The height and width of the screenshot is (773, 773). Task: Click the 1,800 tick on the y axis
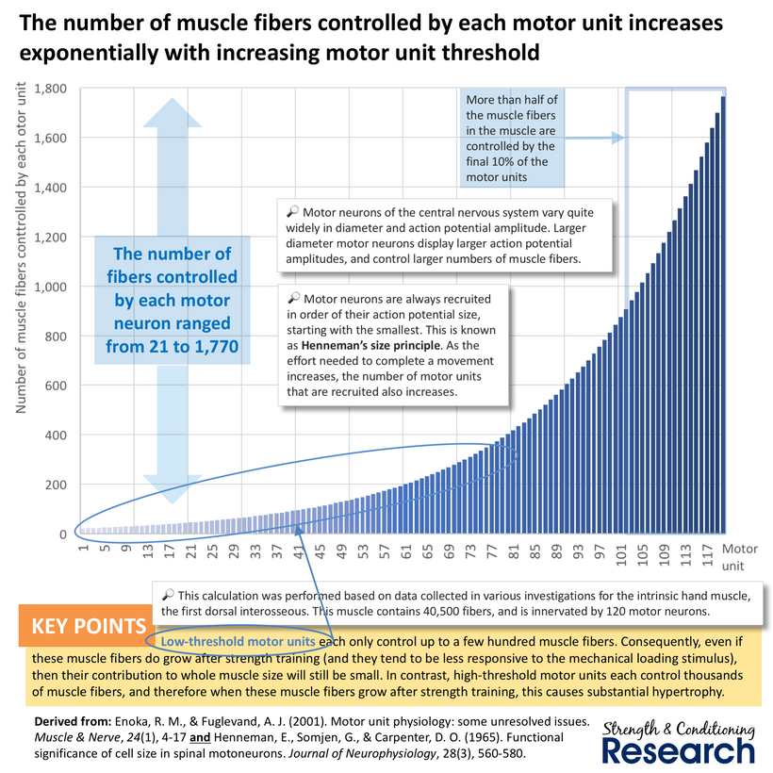50,89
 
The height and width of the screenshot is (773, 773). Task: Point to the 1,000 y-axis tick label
50,287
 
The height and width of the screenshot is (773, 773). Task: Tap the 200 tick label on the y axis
56,485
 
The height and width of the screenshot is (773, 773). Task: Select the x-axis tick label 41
299,551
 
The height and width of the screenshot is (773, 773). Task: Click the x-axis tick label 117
708,555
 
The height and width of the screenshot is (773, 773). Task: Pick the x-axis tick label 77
492,551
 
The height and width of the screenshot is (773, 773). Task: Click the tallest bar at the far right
723,315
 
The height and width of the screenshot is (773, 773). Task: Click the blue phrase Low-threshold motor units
238,641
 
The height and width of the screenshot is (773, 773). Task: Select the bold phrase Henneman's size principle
370,345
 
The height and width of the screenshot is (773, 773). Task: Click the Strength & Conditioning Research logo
679,743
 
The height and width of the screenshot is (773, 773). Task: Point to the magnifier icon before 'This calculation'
168,595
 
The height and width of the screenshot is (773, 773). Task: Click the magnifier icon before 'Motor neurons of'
292,211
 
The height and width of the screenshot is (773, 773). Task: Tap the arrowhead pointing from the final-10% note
618,138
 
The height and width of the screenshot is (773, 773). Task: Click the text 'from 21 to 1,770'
173,347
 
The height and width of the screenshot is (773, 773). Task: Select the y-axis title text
21,248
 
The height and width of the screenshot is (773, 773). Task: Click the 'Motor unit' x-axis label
739,557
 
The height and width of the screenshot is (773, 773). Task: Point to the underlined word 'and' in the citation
200,737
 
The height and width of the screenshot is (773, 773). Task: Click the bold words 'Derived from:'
73,722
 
